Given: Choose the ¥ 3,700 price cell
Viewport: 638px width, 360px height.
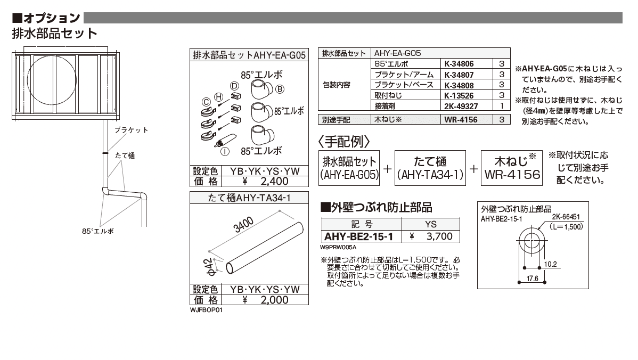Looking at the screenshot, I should point(431,236).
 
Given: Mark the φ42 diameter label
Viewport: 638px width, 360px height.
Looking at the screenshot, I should point(209,266).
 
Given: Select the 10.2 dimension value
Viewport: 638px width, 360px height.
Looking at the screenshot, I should point(551,263).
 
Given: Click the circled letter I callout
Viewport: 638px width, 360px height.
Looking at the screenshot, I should point(225,151).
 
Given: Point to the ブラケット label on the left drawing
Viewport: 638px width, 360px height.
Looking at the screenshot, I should point(131,130).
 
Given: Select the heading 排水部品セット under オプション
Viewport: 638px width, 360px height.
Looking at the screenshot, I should point(54,34).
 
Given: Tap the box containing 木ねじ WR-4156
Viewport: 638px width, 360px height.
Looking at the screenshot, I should point(511,168).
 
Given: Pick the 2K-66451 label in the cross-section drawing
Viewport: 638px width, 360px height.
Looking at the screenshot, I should point(566,218).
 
